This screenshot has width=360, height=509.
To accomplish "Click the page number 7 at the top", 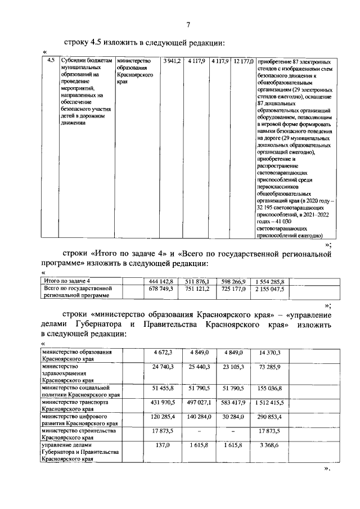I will tap(188, 24).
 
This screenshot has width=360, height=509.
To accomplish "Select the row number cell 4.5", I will tap(51, 61).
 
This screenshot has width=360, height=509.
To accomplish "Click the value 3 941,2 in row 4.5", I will tap(172, 61).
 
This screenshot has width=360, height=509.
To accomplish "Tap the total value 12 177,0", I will tap(244, 61).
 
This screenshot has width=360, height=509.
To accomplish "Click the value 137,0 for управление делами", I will tap(163, 445).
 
